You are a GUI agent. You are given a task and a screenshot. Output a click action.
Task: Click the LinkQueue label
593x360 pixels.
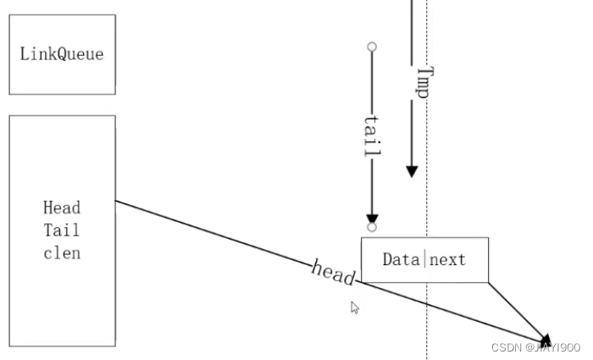62,54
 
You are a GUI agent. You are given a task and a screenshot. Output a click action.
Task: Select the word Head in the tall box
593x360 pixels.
62,208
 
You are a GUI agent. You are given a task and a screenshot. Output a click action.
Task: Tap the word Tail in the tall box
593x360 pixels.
62,230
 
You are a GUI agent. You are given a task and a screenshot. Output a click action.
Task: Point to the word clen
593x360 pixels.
62,252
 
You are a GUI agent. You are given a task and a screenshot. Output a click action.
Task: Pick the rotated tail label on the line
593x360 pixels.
372,135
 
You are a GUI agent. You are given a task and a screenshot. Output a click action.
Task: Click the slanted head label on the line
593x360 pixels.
333,273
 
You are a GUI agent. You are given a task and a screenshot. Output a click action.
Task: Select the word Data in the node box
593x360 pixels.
401,259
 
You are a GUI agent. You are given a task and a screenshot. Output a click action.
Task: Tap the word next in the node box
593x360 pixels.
447,259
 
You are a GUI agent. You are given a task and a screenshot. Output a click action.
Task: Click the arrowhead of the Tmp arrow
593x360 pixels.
412,171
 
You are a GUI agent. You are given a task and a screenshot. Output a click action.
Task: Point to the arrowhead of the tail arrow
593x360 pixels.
372,218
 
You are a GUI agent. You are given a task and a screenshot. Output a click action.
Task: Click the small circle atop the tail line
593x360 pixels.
372,47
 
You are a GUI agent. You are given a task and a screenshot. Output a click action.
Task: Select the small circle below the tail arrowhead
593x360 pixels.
372,227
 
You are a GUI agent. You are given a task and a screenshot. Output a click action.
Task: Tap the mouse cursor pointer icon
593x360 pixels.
355,307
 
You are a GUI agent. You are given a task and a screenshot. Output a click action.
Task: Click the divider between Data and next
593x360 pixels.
424,259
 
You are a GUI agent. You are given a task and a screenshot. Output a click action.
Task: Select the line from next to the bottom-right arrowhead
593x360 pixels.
517,308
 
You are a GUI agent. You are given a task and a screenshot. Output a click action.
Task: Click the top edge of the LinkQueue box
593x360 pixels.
62,14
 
